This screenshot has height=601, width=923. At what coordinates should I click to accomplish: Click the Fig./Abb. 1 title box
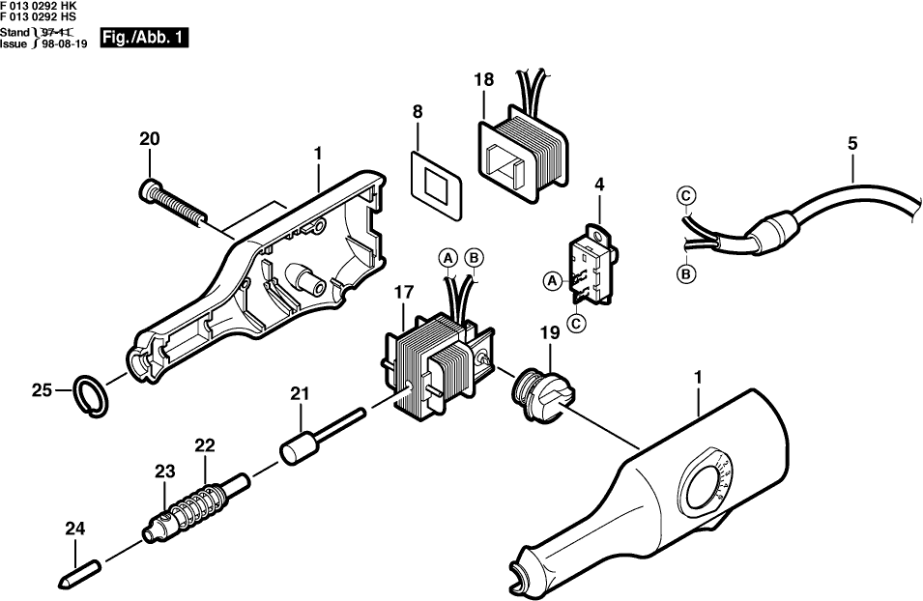coord(144,40)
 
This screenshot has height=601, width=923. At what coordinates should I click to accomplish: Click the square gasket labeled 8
coord(436,177)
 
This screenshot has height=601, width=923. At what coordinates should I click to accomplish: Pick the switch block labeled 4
coord(591,262)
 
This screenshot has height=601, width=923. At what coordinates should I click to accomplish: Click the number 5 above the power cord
coord(851,143)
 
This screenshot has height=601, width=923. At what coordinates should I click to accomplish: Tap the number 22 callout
coord(204,445)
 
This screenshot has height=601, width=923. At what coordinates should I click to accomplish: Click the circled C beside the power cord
coord(684,197)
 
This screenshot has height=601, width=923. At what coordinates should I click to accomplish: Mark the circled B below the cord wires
coord(685,274)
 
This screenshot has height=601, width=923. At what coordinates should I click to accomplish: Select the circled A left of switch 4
coord(552,280)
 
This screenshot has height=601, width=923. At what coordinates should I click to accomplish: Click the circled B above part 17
coord(474,257)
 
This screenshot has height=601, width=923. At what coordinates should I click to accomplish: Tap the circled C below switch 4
coord(577,323)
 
